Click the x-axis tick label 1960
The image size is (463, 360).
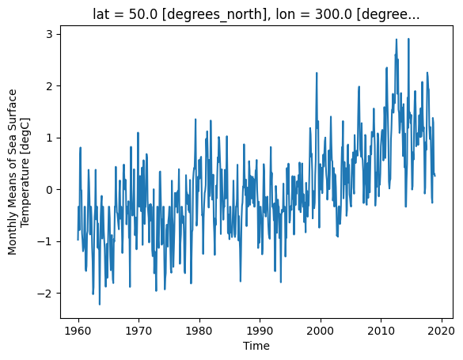78,331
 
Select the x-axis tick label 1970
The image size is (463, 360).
139,331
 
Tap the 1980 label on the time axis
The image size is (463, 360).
199,331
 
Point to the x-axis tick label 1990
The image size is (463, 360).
260,331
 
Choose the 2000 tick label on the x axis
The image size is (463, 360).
321,331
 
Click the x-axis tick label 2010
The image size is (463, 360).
381,331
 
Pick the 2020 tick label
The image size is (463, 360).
442,331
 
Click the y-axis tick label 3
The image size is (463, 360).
49,34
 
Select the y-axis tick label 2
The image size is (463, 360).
49,86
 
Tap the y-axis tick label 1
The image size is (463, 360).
49,138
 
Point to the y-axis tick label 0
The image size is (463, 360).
49,189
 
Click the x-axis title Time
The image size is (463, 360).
256,346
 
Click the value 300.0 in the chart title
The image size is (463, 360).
334,14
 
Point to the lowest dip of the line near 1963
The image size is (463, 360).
100,305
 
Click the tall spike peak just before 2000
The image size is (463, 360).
317,73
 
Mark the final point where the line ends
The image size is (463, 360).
435,176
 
